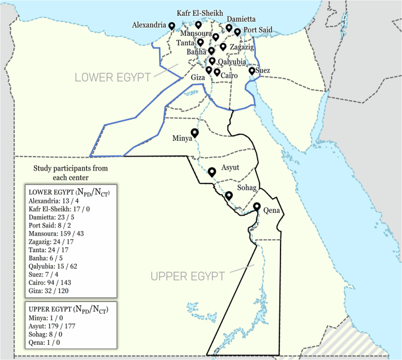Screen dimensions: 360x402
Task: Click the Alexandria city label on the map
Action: [x=149, y=26]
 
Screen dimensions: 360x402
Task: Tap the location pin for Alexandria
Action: [x=171, y=26]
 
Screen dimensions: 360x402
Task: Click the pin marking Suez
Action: [x=252, y=71]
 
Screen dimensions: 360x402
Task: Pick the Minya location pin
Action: [x=194, y=133]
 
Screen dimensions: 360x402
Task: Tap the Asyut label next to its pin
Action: [x=229, y=168]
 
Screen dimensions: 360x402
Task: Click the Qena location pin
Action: [x=256, y=206]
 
